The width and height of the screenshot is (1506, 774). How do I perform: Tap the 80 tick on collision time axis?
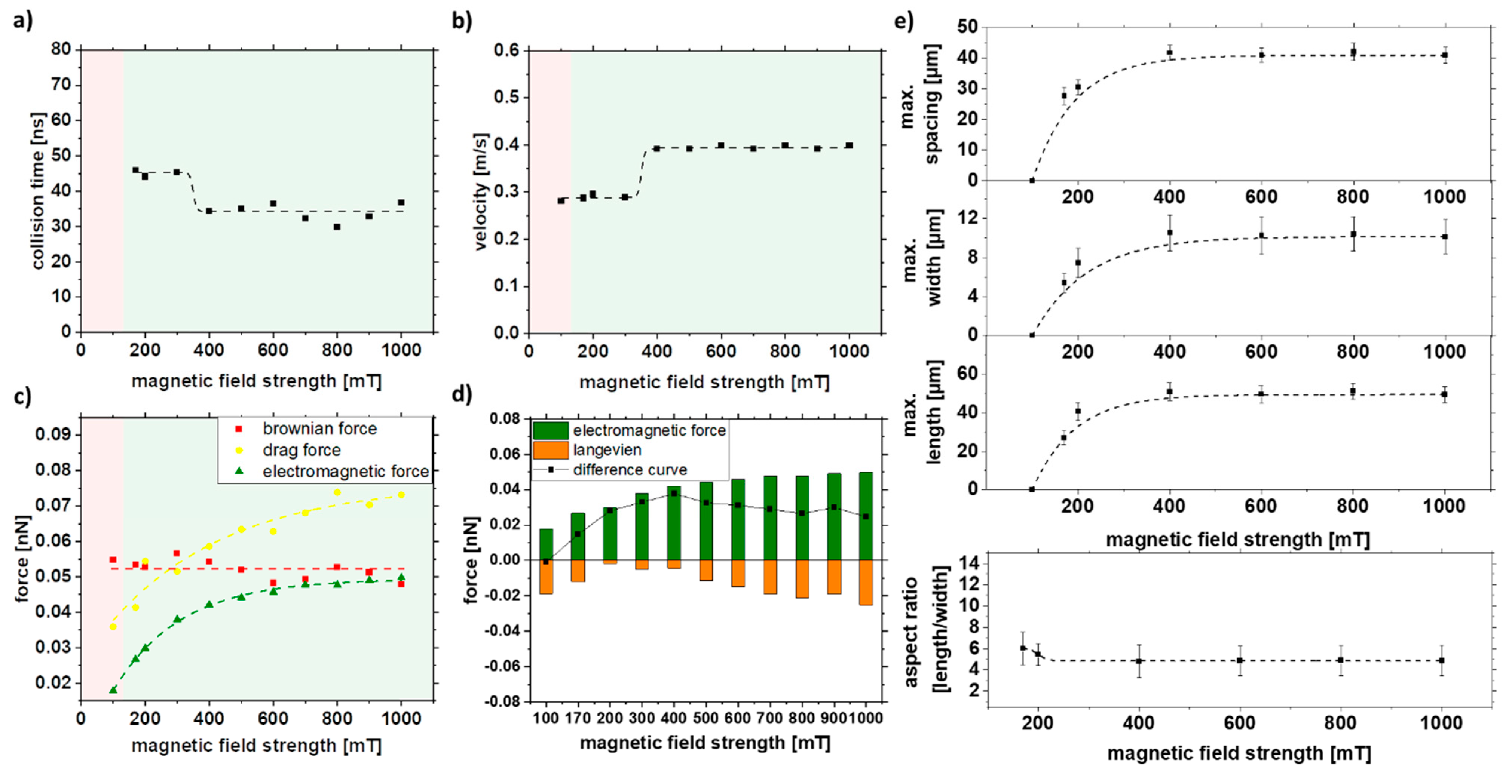(x=61, y=50)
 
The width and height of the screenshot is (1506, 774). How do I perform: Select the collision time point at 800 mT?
(x=337, y=227)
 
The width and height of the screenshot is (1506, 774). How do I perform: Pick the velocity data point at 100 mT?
(x=561, y=200)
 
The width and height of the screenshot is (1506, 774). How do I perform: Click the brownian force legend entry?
(x=319, y=429)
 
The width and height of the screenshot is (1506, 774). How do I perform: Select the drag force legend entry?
(x=301, y=450)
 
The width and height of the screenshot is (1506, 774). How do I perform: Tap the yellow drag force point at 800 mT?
(x=337, y=492)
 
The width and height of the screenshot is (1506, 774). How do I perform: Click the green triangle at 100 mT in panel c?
(x=113, y=690)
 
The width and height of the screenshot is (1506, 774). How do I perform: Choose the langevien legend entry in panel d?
(x=606, y=450)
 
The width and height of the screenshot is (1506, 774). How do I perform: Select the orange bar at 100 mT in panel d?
(x=546, y=577)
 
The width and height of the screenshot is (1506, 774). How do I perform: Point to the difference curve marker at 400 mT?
(x=673, y=494)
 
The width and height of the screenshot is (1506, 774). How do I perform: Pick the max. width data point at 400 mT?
(x=1169, y=233)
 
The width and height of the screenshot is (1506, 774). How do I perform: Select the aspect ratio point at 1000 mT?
(x=1442, y=661)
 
